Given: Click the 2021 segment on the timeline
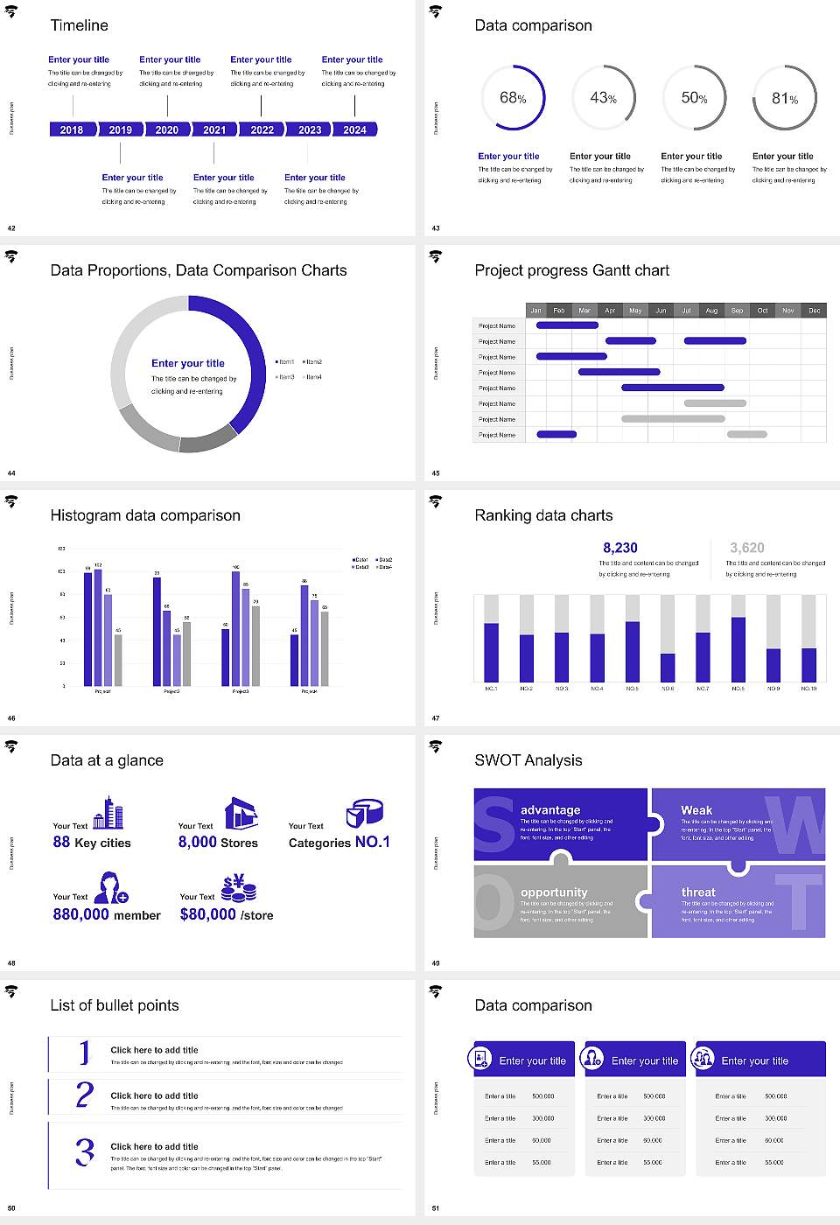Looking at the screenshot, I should coord(214,129).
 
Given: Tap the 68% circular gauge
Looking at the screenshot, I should coord(514,98).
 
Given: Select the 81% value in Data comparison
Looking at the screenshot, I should coord(784,99).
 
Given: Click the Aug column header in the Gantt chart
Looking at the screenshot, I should coord(711,311).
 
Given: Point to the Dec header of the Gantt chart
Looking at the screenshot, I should coord(814,311).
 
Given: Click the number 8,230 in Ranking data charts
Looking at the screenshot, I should coord(619,548).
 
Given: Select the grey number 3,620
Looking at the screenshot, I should coord(746,548).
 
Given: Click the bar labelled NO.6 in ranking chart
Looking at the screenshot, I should coord(668,667).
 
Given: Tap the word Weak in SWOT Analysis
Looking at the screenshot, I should coord(696,810).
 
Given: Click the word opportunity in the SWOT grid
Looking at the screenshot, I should coord(554,892).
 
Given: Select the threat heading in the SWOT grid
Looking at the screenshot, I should coord(698,892).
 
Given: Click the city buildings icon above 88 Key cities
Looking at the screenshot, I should coord(108,813).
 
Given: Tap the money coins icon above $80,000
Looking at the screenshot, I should coord(238,888).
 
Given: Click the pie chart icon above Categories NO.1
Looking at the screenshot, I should coord(364,813).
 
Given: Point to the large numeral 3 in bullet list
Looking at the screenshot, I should coord(84,1151).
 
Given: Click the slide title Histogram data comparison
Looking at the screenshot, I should coord(145,515).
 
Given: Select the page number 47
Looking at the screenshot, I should coord(436,718).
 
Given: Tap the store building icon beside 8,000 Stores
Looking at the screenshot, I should coord(241,813).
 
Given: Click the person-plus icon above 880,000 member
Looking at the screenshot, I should coord(111,887).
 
